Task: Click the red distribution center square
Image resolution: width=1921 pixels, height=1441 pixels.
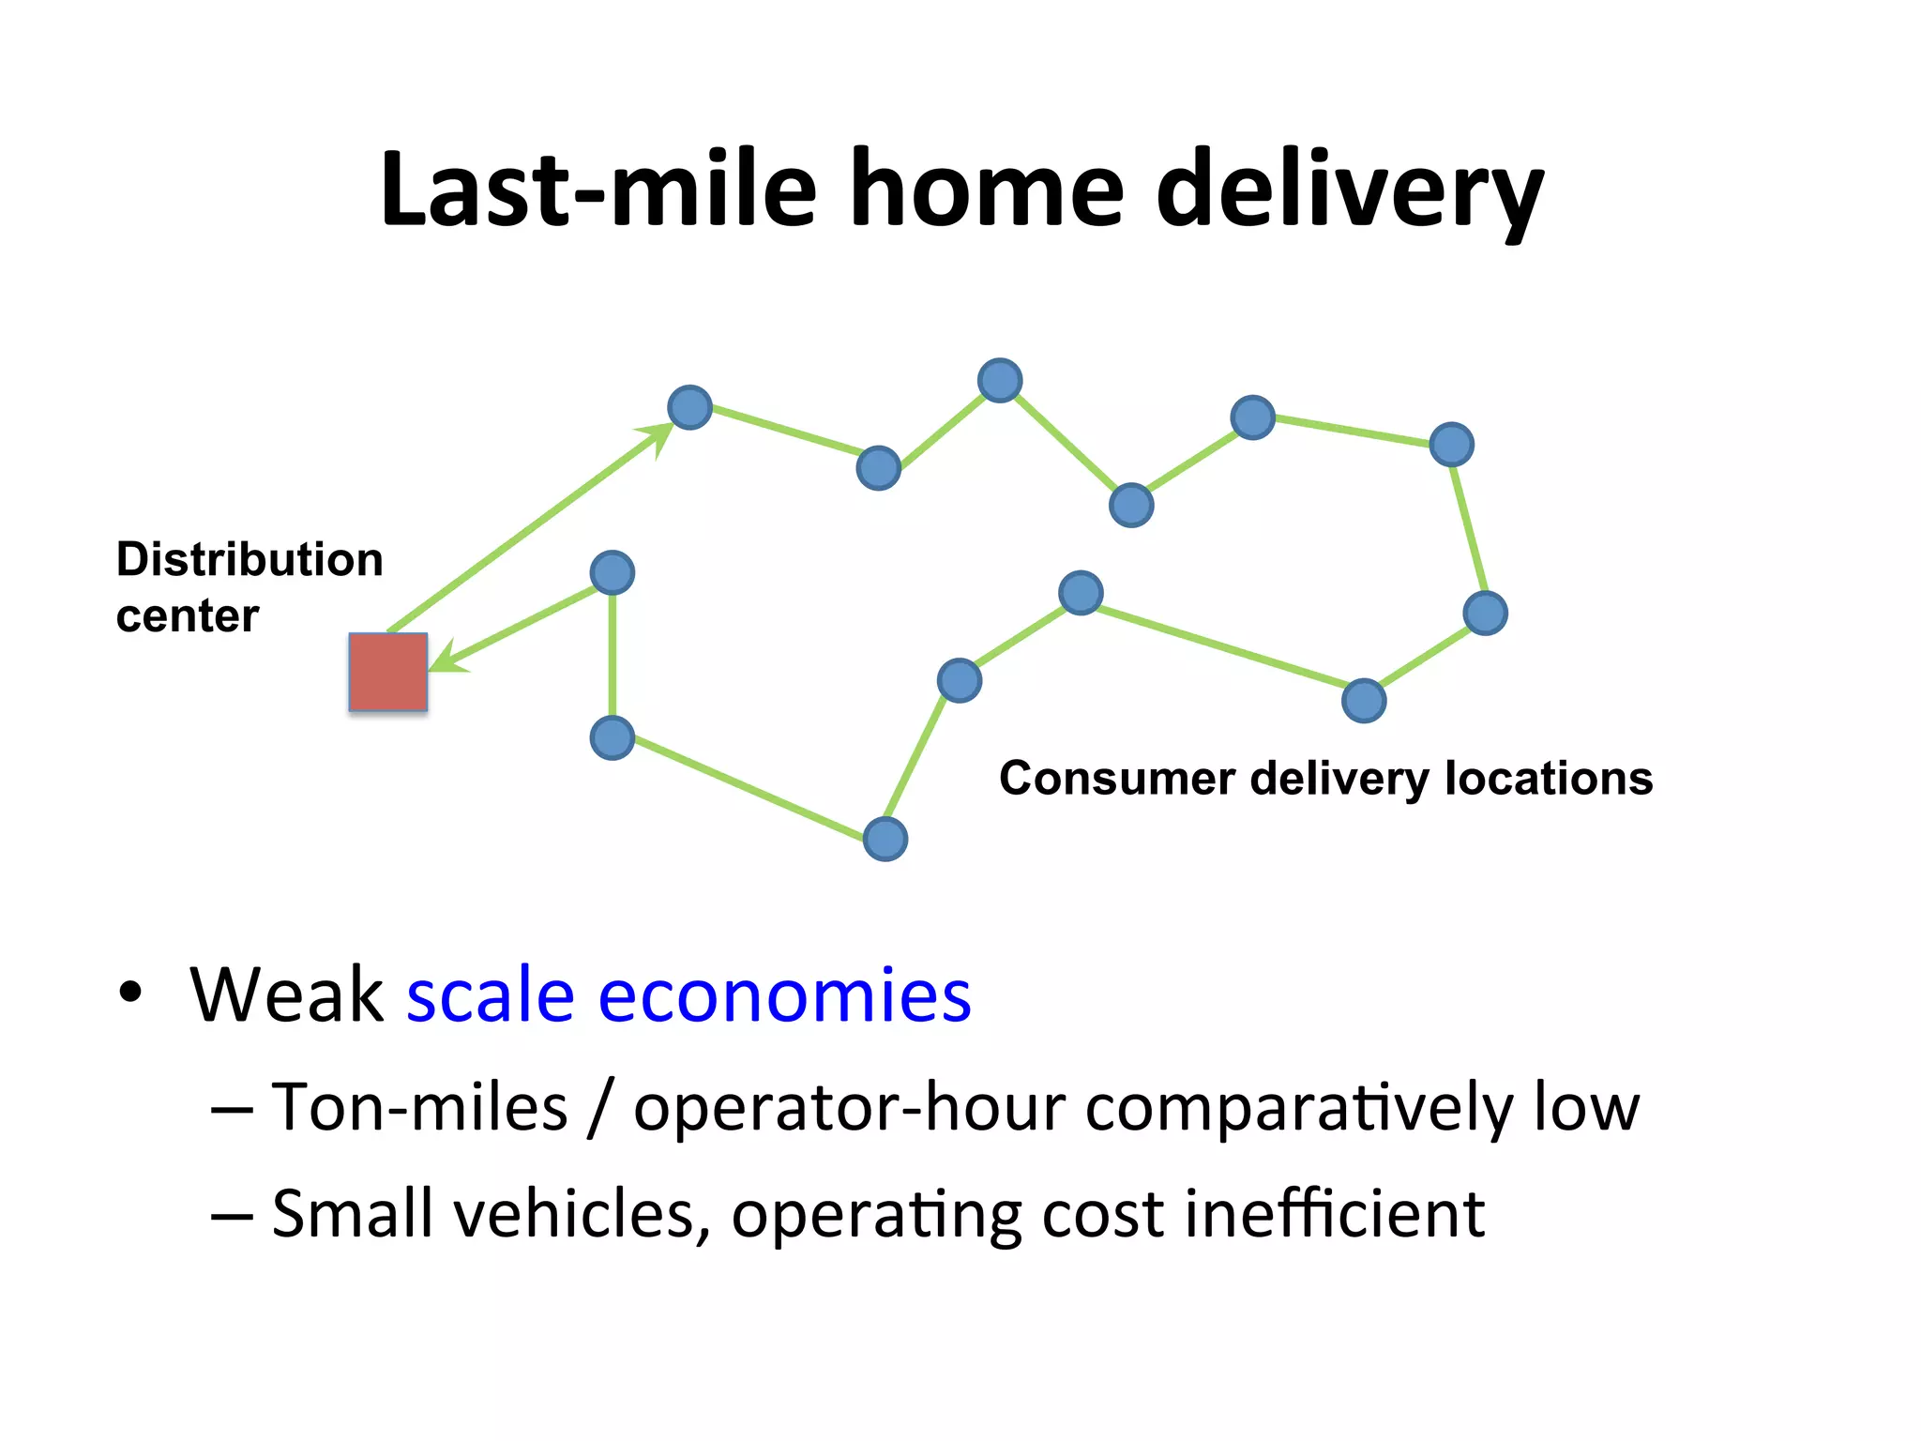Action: [x=387, y=672]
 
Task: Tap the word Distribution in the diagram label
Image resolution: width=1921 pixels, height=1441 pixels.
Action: [x=250, y=560]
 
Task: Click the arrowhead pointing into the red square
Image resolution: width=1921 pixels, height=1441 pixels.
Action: [x=446, y=657]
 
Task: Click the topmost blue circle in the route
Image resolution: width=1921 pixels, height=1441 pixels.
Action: [x=1000, y=381]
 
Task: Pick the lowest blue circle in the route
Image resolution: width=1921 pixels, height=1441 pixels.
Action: [x=885, y=839]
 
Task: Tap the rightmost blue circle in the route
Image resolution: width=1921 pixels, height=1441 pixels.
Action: [x=1485, y=614]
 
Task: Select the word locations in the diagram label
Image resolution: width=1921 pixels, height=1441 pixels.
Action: [x=1549, y=779]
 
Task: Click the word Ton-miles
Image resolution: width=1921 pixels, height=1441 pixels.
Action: [x=420, y=1107]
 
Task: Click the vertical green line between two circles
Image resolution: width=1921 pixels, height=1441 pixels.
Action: [x=613, y=655]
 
